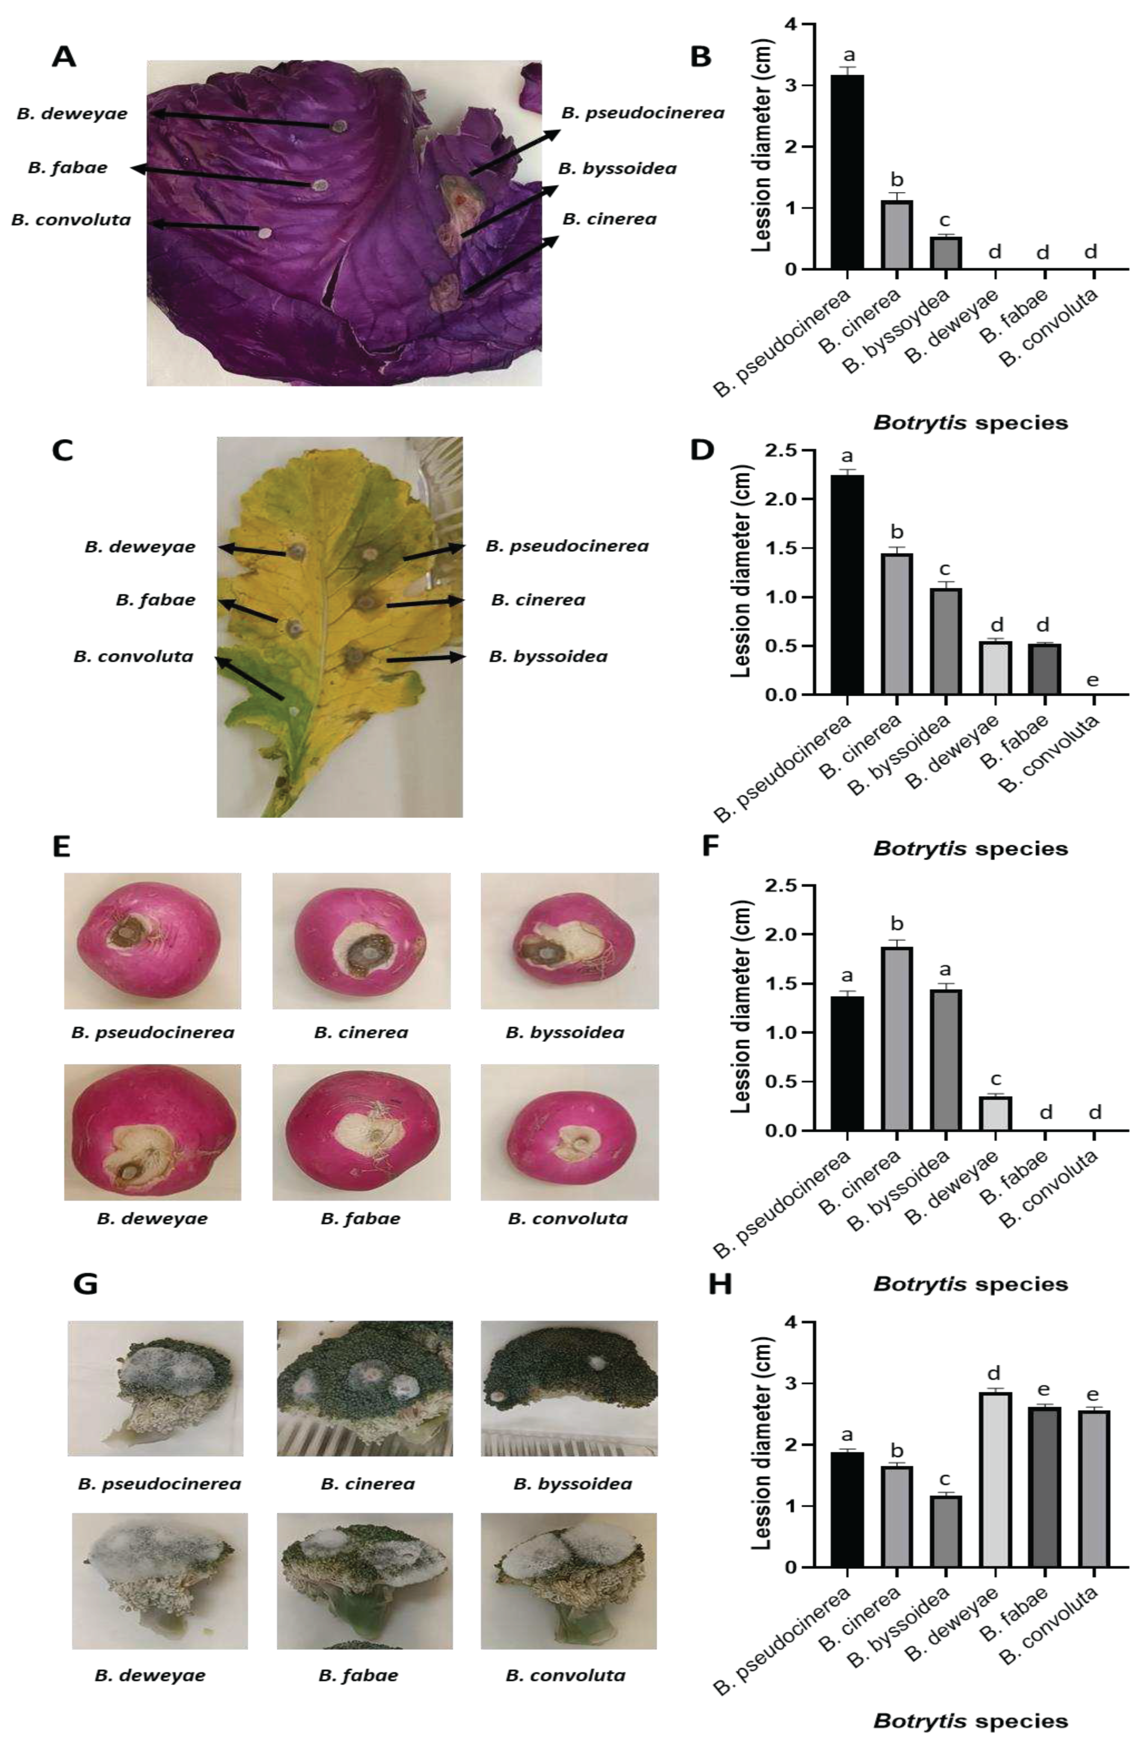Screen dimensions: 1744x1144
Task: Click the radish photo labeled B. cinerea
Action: pyautogui.click(x=361, y=941)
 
